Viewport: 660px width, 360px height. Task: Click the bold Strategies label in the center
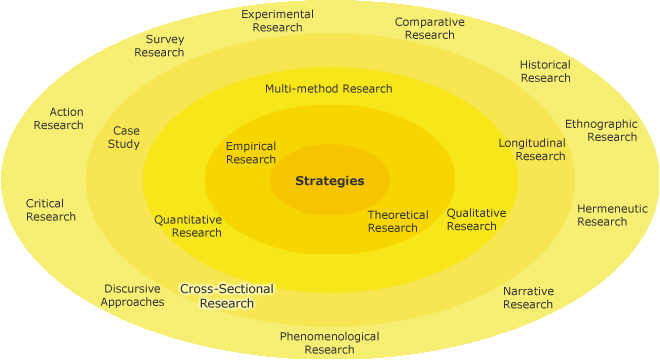329,181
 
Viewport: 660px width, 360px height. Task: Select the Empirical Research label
250,153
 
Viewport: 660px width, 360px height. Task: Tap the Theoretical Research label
397,221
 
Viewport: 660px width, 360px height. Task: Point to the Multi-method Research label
328,88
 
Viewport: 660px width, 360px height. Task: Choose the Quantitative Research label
188,226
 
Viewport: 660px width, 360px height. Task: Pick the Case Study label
126,137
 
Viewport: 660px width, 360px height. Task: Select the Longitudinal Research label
532,149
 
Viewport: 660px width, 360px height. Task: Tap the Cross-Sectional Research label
226,296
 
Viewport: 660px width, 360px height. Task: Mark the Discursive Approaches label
132,295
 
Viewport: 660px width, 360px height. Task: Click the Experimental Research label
277,21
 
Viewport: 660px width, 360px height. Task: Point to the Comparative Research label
429,28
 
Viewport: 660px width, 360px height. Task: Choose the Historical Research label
545,71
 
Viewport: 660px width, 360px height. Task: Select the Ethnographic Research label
601,130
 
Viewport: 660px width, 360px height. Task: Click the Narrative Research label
528,297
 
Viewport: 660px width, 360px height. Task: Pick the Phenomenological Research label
329,343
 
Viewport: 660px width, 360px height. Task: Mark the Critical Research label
51,210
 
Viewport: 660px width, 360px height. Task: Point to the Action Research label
59,118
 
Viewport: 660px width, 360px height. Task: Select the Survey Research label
159,46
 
